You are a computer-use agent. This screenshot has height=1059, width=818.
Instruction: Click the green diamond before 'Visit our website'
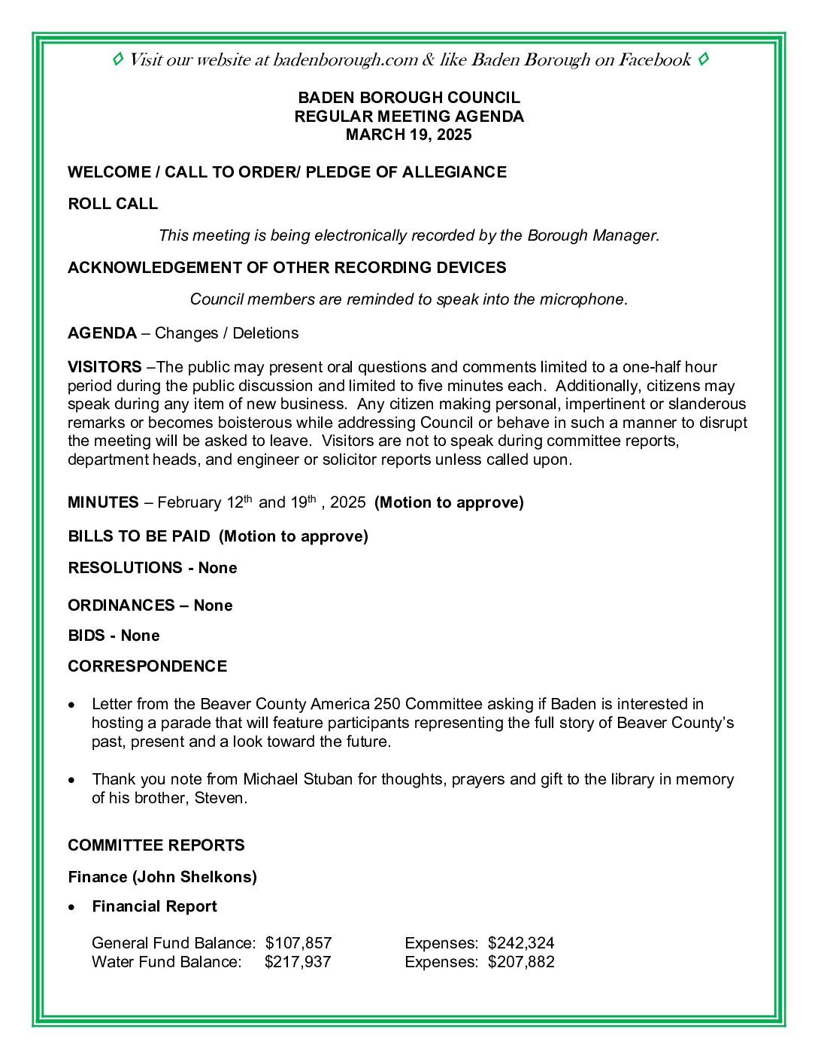pos(118,59)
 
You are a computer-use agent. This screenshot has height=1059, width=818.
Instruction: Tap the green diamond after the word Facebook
pos(703,59)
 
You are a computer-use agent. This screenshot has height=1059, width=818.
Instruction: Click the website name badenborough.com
pos(345,60)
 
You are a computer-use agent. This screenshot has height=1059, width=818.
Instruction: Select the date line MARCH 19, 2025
pos(408,135)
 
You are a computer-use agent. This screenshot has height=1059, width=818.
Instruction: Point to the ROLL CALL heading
pos(113,204)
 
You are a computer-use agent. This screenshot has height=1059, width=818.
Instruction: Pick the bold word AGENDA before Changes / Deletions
pos(102,333)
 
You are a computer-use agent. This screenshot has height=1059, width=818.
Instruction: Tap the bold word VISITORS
pos(105,367)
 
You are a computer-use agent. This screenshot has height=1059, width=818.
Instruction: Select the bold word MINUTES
pos(103,502)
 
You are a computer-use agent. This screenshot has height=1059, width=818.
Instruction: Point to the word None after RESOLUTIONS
pos(217,568)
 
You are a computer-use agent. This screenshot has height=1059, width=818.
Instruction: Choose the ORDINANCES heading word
pos(120,605)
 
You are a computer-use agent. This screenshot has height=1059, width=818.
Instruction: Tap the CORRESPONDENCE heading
pos(147,666)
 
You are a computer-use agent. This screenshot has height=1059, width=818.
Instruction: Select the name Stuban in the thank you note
pos(328,779)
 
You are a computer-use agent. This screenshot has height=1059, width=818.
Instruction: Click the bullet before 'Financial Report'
pos(71,907)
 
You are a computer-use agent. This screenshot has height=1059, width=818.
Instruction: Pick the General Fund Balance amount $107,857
pos(298,943)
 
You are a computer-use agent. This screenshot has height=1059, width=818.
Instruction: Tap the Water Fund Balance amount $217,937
pos(298,962)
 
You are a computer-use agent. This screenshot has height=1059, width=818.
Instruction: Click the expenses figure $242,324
pos(521,943)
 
